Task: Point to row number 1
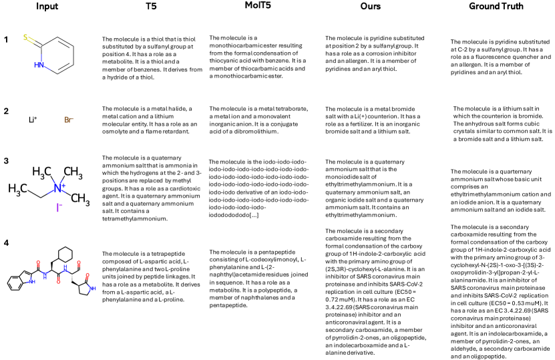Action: (6, 40)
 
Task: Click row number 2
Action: (6, 110)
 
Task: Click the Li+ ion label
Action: (31, 120)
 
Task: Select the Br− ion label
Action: (69, 120)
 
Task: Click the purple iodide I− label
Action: (59, 208)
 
